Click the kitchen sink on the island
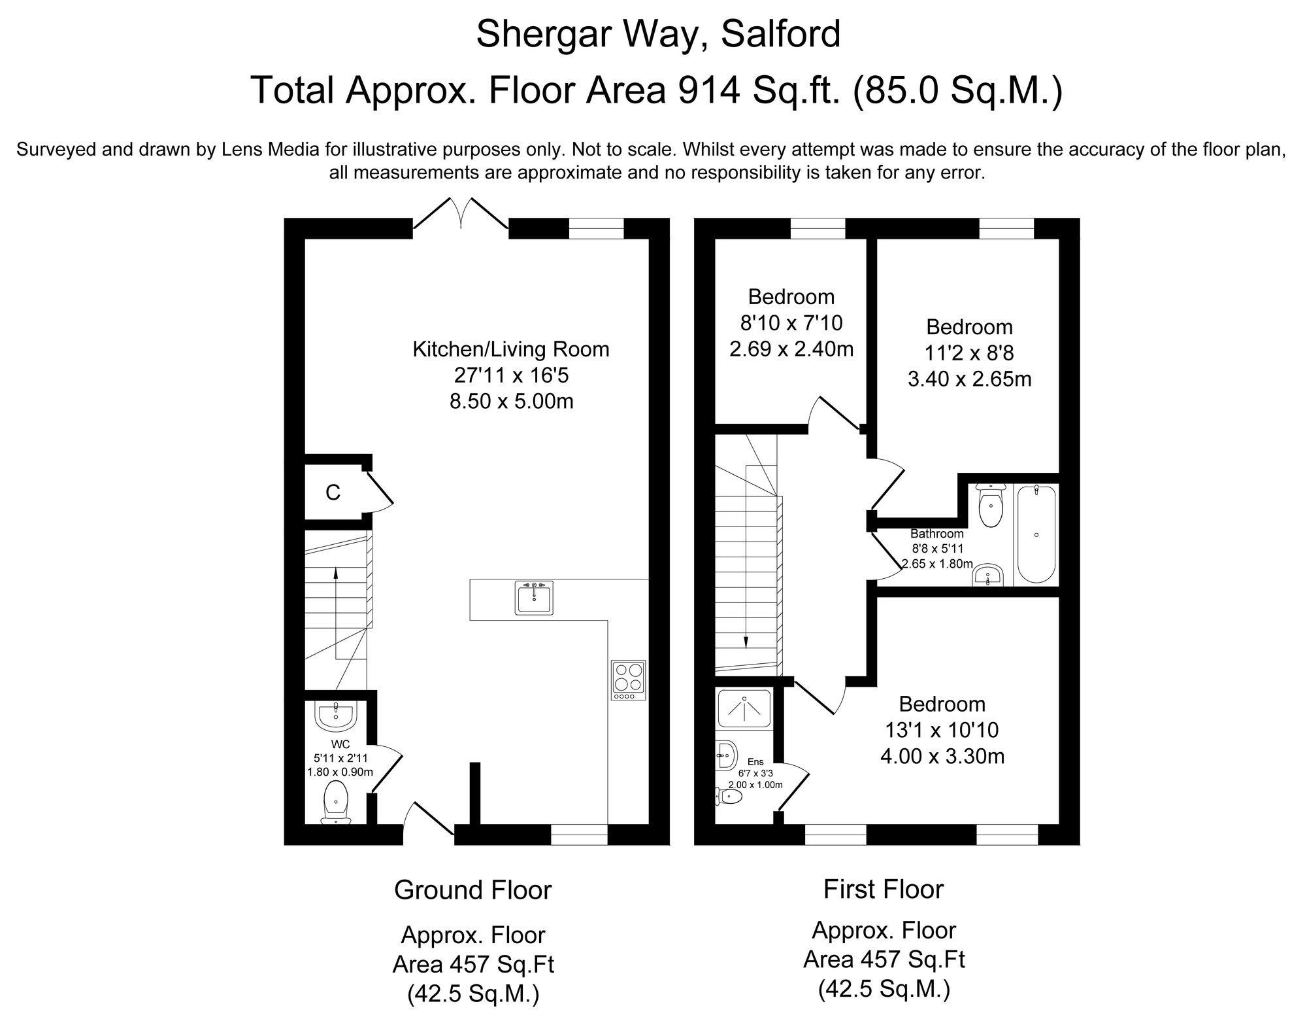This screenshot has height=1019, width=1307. (x=534, y=598)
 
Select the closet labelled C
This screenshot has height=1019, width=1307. (x=333, y=492)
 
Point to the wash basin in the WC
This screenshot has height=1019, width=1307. (x=335, y=717)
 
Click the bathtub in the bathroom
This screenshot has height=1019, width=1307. (x=1036, y=534)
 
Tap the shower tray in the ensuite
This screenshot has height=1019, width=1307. (x=744, y=708)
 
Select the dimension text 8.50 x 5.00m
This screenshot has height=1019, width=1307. (x=511, y=401)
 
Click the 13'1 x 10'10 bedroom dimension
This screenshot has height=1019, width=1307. (x=942, y=730)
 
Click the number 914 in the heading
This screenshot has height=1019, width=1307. (x=703, y=90)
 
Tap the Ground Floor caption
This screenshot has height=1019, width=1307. (x=472, y=890)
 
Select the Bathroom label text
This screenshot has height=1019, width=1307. (x=936, y=534)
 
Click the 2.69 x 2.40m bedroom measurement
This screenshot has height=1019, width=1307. (x=791, y=349)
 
